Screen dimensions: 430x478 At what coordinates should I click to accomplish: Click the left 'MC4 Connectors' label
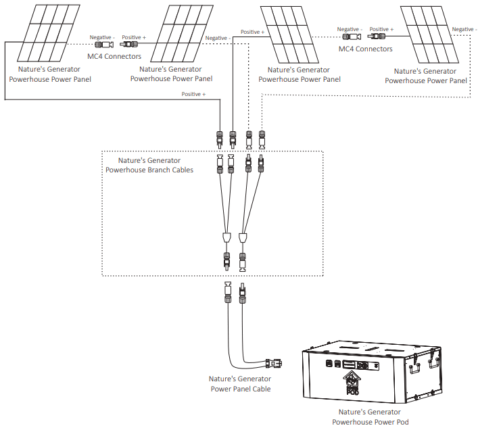pyautogui.click(x=114, y=56)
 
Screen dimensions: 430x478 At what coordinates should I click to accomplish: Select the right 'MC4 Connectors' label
pyautogui.click(x=366, y=49)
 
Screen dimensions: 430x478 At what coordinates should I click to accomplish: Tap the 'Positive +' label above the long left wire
pyautogui.click(x=193, y=94)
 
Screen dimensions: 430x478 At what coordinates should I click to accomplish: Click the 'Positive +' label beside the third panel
pyautogui.click(x=252, y=32)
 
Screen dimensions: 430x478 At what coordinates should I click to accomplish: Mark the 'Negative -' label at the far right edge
pyautogui.click(x=464, y=29)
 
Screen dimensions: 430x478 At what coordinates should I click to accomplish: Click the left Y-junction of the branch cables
pyautogui.click(x=226, y=237)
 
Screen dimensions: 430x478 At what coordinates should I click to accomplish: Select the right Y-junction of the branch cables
pyautogui.click(x=244, y=237)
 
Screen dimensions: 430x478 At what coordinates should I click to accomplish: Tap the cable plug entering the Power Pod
pyautogui.click(x=274, y=362)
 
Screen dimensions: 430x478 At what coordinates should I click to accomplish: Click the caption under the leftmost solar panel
pyautogui.click(x=49, y=74)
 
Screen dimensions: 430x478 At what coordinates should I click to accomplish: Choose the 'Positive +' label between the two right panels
pyautogui.click(x=381, y=29)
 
